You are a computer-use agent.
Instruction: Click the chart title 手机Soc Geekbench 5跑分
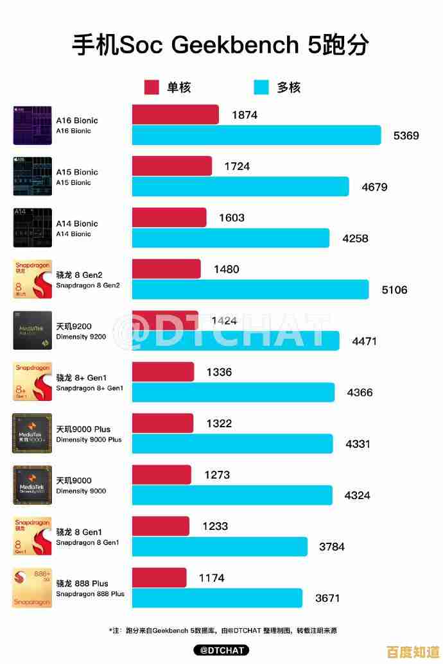(x=220, y=46)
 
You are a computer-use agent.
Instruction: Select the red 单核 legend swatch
(x=152, y=87)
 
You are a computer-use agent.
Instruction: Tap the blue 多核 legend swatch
(x=261, y=87)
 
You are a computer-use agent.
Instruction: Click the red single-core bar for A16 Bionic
(x=175, y=115)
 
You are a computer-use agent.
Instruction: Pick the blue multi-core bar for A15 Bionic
(x=240, y=187)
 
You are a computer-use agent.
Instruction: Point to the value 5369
(x=406, y=135)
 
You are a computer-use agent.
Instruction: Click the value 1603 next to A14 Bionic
(x=231, y=217)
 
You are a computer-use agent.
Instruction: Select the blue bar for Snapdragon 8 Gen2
(x=250, y=289)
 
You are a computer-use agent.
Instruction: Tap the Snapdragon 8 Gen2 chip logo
(x=32, y=279)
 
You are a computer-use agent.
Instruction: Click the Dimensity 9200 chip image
(x=32, y=330)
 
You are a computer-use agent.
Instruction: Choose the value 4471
(x=365, y=341)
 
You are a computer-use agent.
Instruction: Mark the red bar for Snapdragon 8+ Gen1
(x=163, y=372)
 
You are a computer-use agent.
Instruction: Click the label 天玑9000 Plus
(x=83, y=429)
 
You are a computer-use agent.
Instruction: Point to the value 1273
(x=217, y=475)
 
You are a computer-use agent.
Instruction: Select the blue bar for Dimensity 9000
(x=232, y=495)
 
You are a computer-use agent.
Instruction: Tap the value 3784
(x=332, y=547)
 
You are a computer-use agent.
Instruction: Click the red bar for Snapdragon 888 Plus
(x=159, y=577)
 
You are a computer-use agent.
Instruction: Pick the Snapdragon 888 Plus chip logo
(x=32, y=588)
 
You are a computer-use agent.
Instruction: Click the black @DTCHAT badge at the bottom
(x=221, y=651)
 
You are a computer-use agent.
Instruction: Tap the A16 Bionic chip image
(x=32, y=125)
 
